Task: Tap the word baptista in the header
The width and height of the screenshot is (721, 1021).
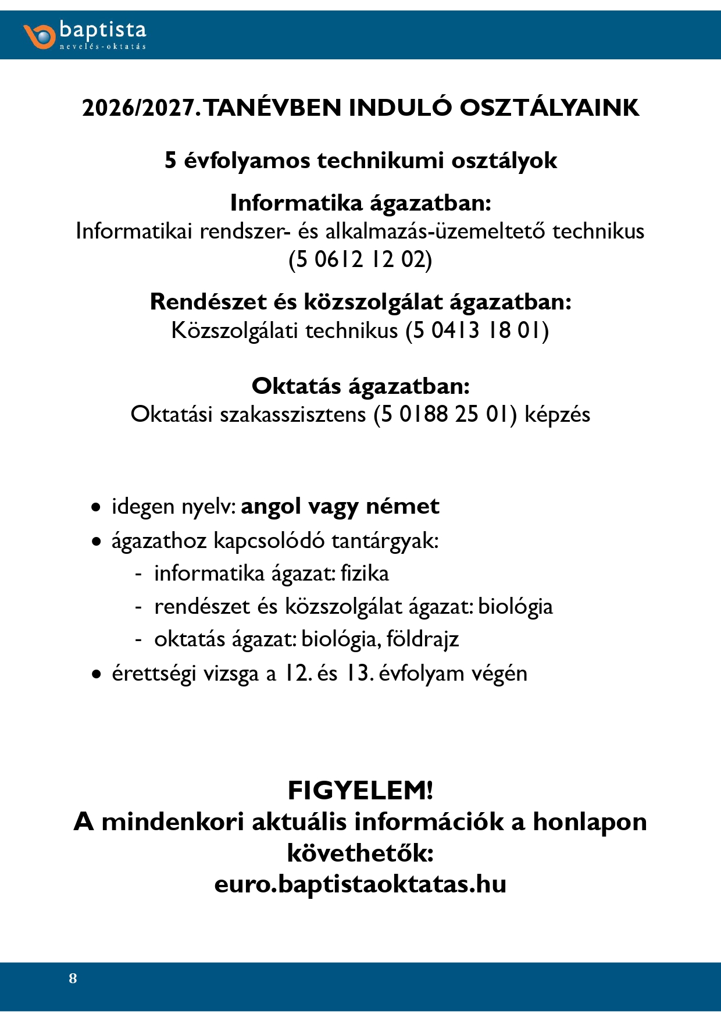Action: [103, 30]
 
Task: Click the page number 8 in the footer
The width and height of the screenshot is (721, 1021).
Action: [73, 978]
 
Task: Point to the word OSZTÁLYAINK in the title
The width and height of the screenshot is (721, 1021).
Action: [549, 108]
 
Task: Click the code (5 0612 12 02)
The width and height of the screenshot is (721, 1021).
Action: [360, 259]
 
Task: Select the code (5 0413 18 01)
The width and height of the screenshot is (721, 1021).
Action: [477, 330]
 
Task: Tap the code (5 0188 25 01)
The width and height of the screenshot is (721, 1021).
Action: [445, 414]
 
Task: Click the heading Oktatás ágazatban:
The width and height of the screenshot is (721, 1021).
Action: [360, 386]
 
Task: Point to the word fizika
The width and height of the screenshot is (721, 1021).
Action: [365, 574]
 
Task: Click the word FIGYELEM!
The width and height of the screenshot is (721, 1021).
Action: [360, 791]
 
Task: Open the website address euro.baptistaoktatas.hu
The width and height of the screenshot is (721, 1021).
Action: [360, 884]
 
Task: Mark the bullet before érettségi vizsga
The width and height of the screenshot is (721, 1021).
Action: [96, 675]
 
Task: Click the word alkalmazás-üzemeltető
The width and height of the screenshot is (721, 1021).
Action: [436, 232]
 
